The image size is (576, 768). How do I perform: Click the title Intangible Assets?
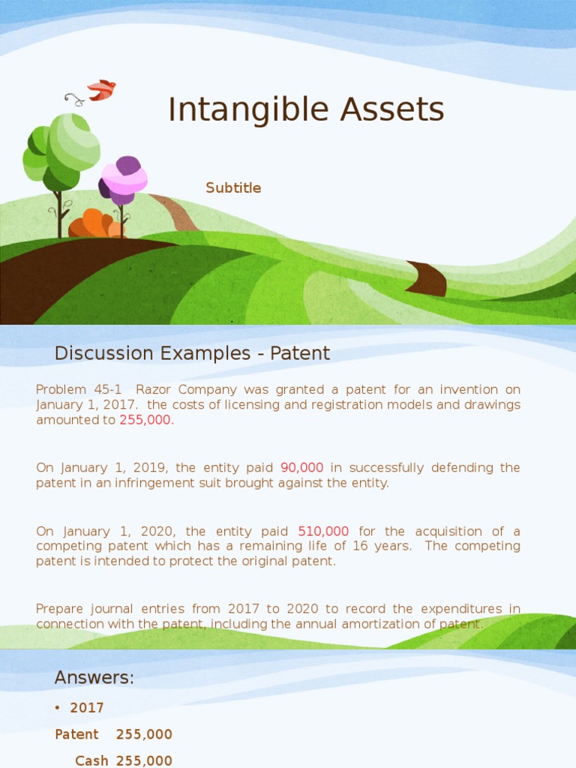point(306,109)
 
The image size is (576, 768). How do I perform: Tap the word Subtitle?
point(233,188)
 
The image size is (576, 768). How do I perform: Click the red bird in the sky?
point(101,90)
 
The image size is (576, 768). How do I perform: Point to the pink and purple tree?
point(124,180)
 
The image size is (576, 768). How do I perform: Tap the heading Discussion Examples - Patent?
point(192,353)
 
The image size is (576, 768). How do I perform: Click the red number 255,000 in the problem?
point(145,420)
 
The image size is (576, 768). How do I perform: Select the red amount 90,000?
point(302,467)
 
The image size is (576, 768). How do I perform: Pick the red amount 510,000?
point(323,531)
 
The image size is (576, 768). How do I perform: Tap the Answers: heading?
point(94,678)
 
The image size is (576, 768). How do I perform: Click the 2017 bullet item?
point(87,707)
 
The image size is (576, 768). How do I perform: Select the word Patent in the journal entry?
point(76,734)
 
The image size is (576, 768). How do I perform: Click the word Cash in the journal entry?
point(91,760)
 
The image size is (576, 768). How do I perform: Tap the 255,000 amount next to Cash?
point(144,760)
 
